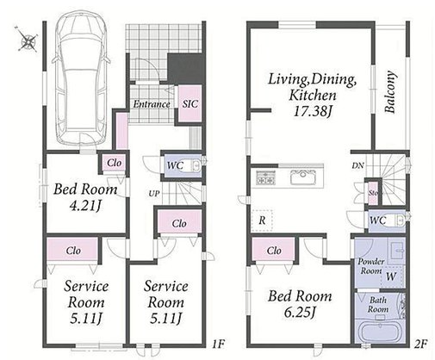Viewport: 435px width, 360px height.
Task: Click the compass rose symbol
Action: [27, 40]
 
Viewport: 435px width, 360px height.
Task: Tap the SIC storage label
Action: [190, 103]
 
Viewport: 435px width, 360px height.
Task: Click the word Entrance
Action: [152, 104]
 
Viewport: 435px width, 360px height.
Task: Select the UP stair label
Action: [154, 194]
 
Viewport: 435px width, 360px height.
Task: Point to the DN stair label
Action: [357, 165]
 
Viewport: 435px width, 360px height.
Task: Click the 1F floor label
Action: [219, 344]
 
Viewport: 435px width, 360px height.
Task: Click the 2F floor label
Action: [420, 344]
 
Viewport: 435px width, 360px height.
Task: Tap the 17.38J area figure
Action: [312, 111]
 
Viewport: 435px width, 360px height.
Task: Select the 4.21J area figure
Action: [85, 205]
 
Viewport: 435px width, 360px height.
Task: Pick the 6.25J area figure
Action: [300, 312]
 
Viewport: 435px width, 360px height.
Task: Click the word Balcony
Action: [390, 92]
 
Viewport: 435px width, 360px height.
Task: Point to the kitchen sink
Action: [303, 177]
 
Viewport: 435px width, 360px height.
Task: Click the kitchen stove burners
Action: [265, 177]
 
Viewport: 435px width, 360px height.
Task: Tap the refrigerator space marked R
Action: [262, 220]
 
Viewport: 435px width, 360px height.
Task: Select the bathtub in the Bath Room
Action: [380, 332]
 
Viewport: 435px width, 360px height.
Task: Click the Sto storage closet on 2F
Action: [373, 193]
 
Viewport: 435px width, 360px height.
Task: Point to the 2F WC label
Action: [378, 220]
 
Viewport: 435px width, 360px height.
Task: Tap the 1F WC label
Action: [175, 165]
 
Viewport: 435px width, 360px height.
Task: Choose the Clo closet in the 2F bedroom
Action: [273, 250]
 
